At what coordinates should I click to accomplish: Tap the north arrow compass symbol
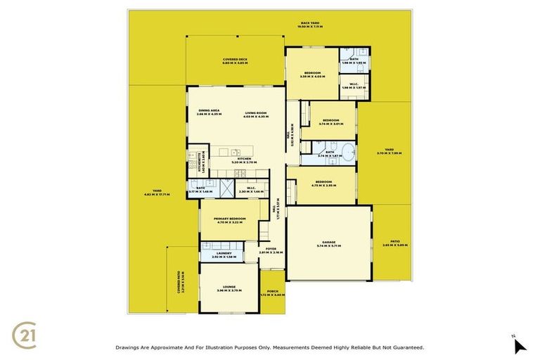click(519, 345)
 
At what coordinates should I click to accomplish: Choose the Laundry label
click(224, 255)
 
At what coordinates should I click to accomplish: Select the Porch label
click(273, 293)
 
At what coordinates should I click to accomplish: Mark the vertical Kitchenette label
click(200, 162)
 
